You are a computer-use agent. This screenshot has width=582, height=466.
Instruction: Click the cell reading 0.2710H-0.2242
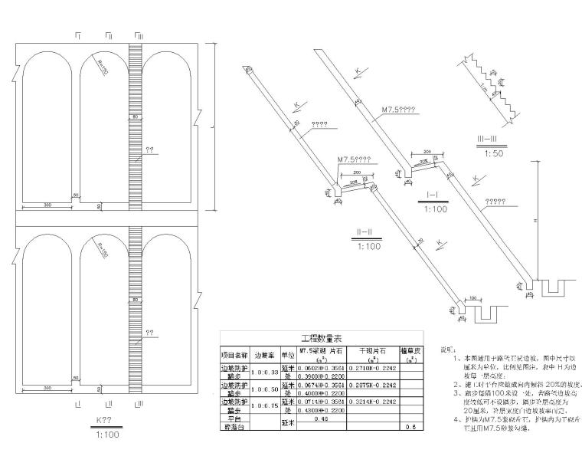(374, 366)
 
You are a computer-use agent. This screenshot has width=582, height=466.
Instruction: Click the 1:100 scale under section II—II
(369, 247)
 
